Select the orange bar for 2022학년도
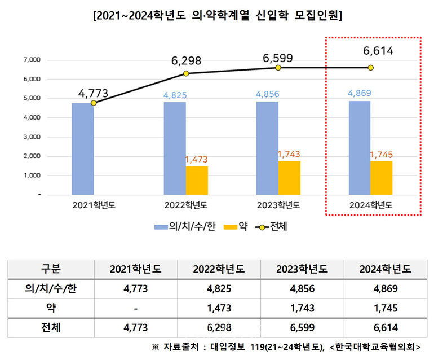pos(197,180)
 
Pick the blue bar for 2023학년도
pos(267,148)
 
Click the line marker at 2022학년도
pos(186,73)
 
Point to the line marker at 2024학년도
pos(370,68)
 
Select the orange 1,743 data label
pos(289,153)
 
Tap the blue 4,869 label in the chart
pos(359,94)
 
